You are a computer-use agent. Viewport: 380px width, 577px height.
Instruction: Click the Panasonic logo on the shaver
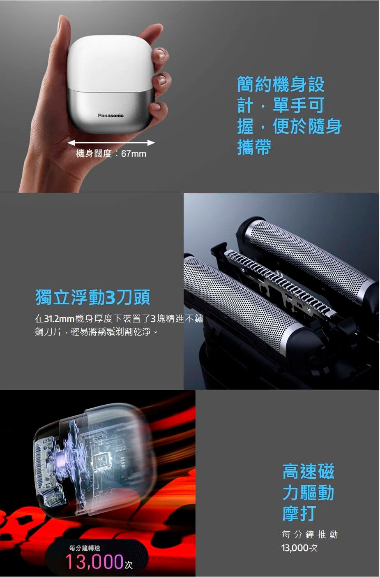pos(111,116)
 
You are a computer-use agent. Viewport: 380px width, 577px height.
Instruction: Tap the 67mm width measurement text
pos(134,154)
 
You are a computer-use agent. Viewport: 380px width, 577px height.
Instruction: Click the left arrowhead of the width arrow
pos(71,142)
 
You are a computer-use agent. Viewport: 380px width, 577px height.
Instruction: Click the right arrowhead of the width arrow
pos(151,142)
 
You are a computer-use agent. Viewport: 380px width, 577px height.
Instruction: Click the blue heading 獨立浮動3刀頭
pos(92,297)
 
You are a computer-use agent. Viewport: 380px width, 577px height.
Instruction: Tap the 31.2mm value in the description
pos(59,319)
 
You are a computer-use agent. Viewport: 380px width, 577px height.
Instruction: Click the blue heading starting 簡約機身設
pos(290,116)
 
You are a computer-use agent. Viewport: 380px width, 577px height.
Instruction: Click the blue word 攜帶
pos(254,147)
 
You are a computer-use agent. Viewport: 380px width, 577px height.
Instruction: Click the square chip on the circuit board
pos(102,461)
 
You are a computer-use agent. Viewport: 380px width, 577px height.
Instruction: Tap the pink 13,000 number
pos(94,561)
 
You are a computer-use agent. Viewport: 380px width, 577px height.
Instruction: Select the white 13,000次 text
pos(299,548)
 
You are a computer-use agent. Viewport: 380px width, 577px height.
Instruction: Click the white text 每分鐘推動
pos(309,535)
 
